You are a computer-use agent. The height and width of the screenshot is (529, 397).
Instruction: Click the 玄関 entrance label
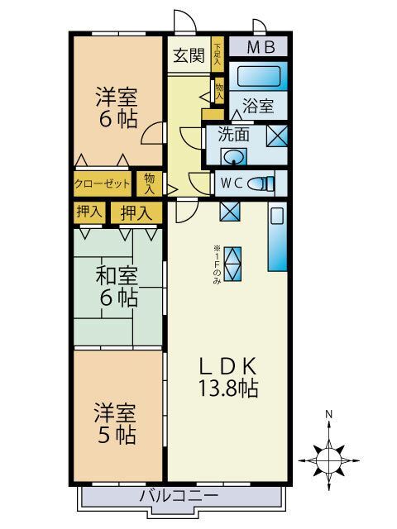(x=189, y=55)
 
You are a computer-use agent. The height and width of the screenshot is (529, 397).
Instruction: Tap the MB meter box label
(x=261, y=47)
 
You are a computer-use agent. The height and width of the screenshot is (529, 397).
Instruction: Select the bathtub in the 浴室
(x=259, y=76)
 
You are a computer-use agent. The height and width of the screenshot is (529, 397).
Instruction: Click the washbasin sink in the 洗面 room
(x=234, y=157)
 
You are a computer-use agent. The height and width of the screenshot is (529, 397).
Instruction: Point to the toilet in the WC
(x=261, y=183)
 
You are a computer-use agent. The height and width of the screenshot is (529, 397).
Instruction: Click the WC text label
(x=232, y=183)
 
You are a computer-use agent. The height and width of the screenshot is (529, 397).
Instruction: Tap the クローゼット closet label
(x=102, y=183)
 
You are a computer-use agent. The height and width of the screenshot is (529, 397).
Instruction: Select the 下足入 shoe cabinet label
(x=218, y=55)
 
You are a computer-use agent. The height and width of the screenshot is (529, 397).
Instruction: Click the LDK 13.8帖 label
(x=228, y=377)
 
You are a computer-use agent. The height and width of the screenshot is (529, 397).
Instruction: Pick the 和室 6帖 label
(x=117, y=286)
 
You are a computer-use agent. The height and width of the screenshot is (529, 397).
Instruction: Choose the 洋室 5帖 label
(x=115, y=423)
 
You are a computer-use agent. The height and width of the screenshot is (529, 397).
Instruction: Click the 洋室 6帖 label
(x=117, y=107)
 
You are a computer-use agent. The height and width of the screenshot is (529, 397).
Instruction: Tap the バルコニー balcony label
(x=179, y=496)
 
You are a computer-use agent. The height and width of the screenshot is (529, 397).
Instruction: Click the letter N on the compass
(x=328, y=414)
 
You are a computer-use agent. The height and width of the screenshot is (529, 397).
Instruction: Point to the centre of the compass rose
(x=328, y=460)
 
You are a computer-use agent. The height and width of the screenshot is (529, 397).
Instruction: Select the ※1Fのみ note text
(x=217, y=264)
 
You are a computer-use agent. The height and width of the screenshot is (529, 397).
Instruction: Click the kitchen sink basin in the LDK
(x=277, y=216)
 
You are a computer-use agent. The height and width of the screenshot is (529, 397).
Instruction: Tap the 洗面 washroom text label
(x=233, y=134)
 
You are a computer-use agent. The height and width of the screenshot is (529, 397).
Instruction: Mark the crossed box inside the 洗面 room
(x=277, y=136)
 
